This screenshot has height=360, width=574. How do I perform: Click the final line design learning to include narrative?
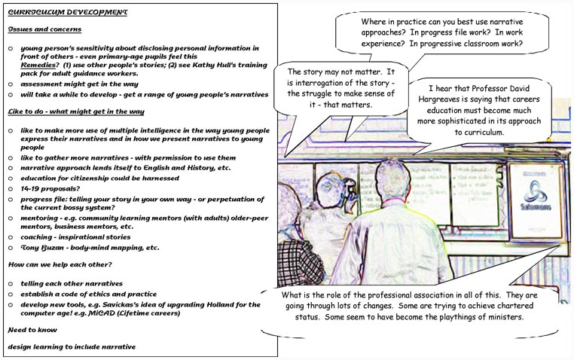pos(72,346)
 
